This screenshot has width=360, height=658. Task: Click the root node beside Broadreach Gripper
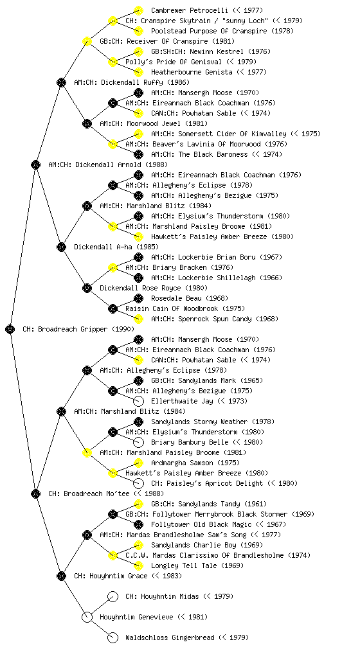tap(10, 329)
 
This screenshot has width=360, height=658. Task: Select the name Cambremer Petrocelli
tap(190, 10)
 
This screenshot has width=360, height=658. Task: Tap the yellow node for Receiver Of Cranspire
tap(87, 41)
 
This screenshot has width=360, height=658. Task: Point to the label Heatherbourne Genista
tap(192, 72)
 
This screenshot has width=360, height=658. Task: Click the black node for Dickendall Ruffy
tap(61, 82)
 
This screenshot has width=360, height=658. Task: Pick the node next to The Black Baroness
tap(138, 154)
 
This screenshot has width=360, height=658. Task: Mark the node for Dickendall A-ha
tap(61, 247)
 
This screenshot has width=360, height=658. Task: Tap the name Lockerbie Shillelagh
tap(217, 278)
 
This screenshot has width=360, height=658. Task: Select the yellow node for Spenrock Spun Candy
tap(138, 319)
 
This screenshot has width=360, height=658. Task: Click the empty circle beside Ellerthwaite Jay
tap(138, 401)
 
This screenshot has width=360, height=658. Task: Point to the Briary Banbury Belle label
tap(190, 442)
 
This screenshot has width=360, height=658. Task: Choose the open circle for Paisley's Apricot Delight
tap(138, 483)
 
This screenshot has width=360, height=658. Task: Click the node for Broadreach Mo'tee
tap(35, 493)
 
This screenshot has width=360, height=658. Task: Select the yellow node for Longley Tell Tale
tap(138, 565)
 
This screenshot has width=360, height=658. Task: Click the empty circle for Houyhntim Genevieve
tap(87, 617)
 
